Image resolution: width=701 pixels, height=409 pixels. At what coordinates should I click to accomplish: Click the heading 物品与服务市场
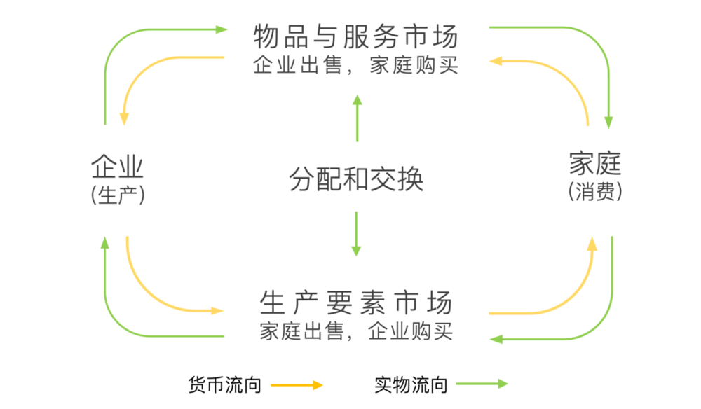[356, 36]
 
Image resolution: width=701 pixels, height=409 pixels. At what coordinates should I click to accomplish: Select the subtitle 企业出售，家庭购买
[356, 65]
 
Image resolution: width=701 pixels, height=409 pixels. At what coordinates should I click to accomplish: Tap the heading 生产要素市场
[356, 303]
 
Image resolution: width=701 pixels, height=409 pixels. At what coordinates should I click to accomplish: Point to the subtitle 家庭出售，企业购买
[356, 331]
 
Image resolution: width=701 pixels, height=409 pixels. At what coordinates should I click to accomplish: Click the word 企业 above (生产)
[117, 167]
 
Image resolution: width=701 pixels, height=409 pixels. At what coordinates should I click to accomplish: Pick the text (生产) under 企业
[118, 195]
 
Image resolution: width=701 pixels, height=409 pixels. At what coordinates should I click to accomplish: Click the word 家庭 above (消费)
[595, 163]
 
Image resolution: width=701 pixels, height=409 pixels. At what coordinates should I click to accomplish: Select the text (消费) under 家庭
[595, 192]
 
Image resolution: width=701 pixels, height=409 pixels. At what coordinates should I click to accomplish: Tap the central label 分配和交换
[356, 179]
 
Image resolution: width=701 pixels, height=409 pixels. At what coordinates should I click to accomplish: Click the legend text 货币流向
[225, 384]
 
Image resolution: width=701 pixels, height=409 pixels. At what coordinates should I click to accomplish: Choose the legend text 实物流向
[411, 384]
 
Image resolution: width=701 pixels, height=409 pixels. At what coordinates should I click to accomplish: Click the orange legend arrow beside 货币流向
[297, 385]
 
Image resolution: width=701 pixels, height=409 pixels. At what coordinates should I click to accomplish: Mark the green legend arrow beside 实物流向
[482, 384]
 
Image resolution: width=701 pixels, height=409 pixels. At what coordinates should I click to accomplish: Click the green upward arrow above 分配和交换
[357, 118]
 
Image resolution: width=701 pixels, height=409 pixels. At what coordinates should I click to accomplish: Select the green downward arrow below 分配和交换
[356, 233]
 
